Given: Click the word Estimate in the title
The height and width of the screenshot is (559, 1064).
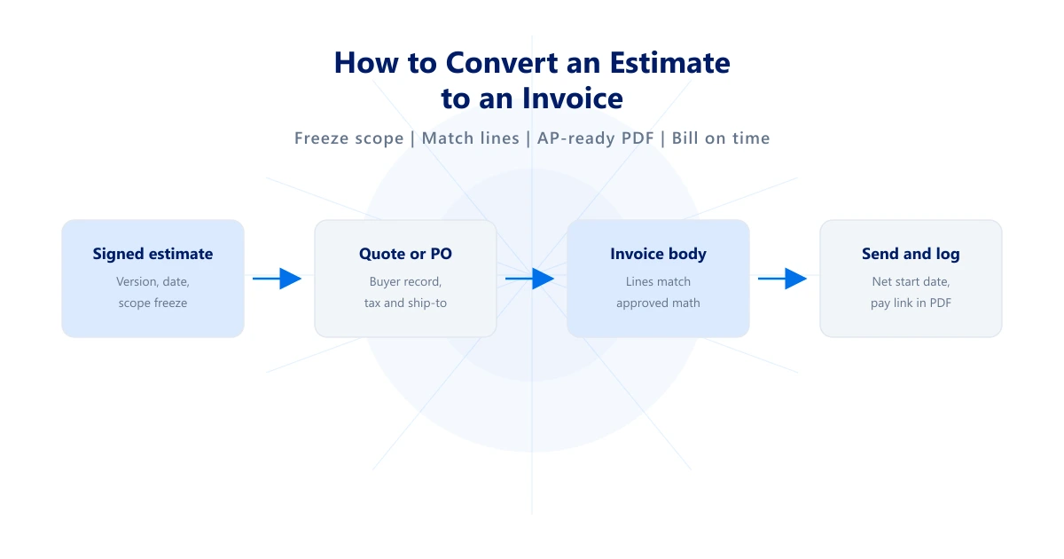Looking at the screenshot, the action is (669, 63).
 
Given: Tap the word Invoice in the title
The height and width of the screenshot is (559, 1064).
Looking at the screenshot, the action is (573, 98).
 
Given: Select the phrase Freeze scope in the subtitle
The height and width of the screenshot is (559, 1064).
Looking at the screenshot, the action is (348, 138).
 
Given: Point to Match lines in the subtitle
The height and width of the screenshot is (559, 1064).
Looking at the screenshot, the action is (470, 138).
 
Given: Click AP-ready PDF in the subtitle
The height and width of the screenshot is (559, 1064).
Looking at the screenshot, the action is (596, 138).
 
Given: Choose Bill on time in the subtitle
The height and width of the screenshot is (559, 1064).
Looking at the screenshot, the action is (721, 138).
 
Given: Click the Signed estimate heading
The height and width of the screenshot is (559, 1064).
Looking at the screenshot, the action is (153, 254).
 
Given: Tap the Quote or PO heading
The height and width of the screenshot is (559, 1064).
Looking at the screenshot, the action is (405, 254).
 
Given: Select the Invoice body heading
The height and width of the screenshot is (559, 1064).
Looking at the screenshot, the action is (658, 254).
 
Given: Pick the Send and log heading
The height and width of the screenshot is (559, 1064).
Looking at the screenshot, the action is (911, 254).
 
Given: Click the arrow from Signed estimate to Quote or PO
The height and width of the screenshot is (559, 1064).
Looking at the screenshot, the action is (277, 279).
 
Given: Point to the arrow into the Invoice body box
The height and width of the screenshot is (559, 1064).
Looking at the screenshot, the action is (529, 279).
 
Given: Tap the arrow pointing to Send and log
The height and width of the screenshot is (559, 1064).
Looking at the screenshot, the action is (782, 279).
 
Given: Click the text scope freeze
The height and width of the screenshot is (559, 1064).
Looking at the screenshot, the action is (153, 303).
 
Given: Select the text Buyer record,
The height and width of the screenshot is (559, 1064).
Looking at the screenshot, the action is (405, 282).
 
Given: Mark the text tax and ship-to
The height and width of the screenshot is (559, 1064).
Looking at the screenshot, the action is (405, 303).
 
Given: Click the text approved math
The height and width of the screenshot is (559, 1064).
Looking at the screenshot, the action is (658, 303).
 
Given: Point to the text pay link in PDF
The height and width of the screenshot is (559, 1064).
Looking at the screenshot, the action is (911, 303).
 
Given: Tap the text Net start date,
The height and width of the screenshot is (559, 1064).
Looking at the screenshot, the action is (911, 282).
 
